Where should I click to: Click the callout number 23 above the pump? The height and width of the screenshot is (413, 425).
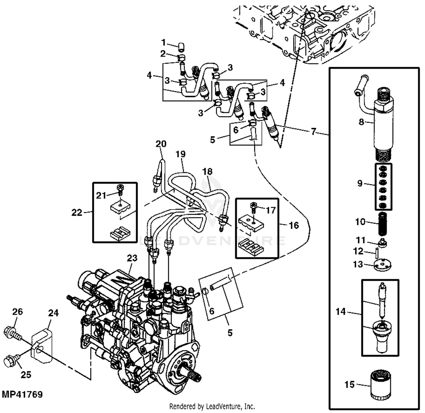[132, 258]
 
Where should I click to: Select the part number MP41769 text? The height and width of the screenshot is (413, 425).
[22, 394]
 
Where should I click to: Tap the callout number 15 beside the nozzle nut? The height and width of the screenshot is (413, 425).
[349, 384]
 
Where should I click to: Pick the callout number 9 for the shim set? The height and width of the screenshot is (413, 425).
[360, 183]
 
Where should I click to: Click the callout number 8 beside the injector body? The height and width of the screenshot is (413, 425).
[361, 122]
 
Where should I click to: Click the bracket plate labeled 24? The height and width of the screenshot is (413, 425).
[42, 344]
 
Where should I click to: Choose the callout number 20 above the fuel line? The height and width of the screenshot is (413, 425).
[161, 144]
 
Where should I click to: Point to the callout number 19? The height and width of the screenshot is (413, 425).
[180, 154]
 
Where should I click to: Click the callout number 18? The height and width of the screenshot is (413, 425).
[207, 171]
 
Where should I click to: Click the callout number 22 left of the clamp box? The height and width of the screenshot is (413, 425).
[76, 212]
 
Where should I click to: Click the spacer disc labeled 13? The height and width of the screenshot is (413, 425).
[382, 265]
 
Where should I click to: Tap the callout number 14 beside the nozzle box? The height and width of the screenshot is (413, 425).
[341, 312]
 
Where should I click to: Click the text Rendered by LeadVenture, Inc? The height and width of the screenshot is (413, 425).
[212, 406]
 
